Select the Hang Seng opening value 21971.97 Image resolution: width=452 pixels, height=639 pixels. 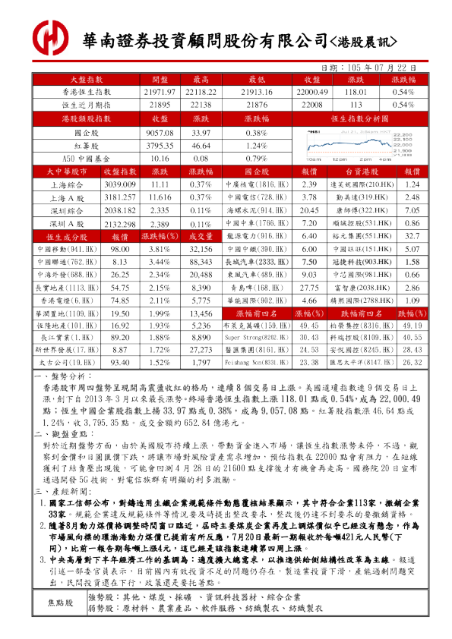[160, 91]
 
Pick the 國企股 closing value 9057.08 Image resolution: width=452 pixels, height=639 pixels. [160, 132]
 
